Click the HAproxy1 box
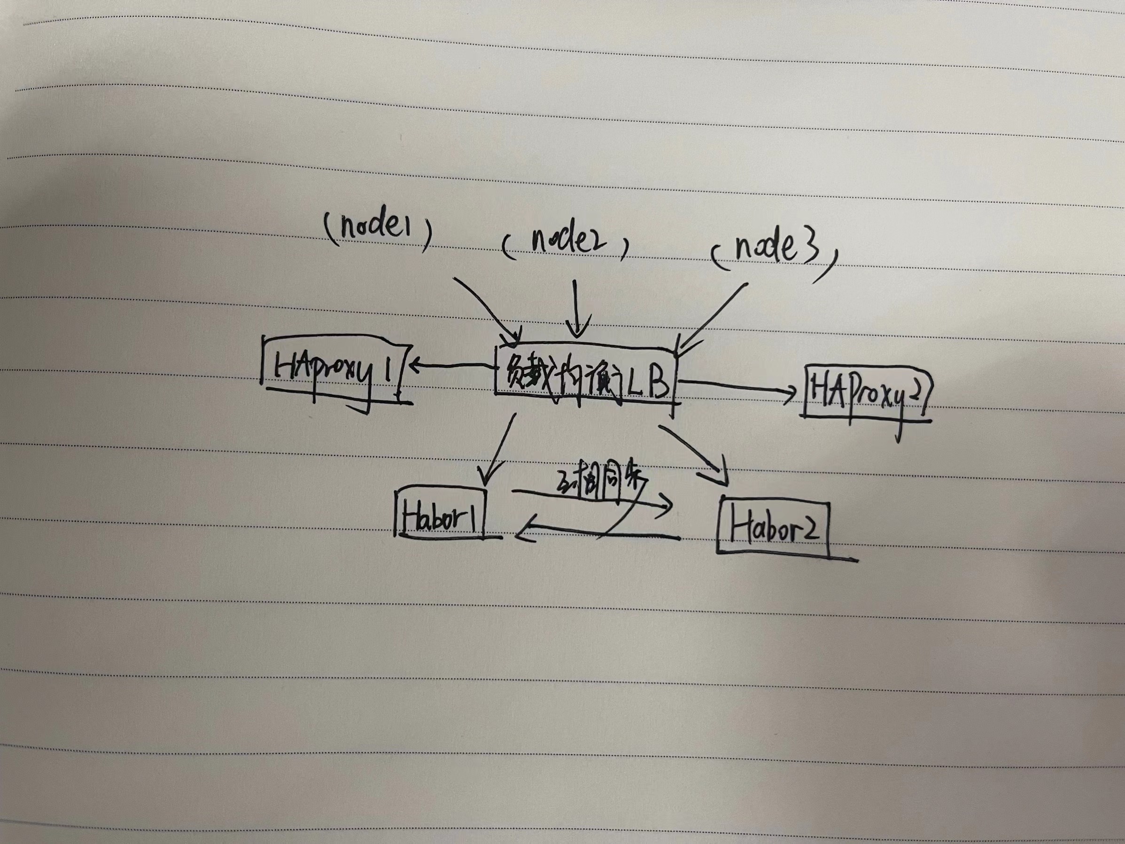pyautogui.click(x=333, y=374)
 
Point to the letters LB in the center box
pyautogui.click(x=646, y=383)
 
